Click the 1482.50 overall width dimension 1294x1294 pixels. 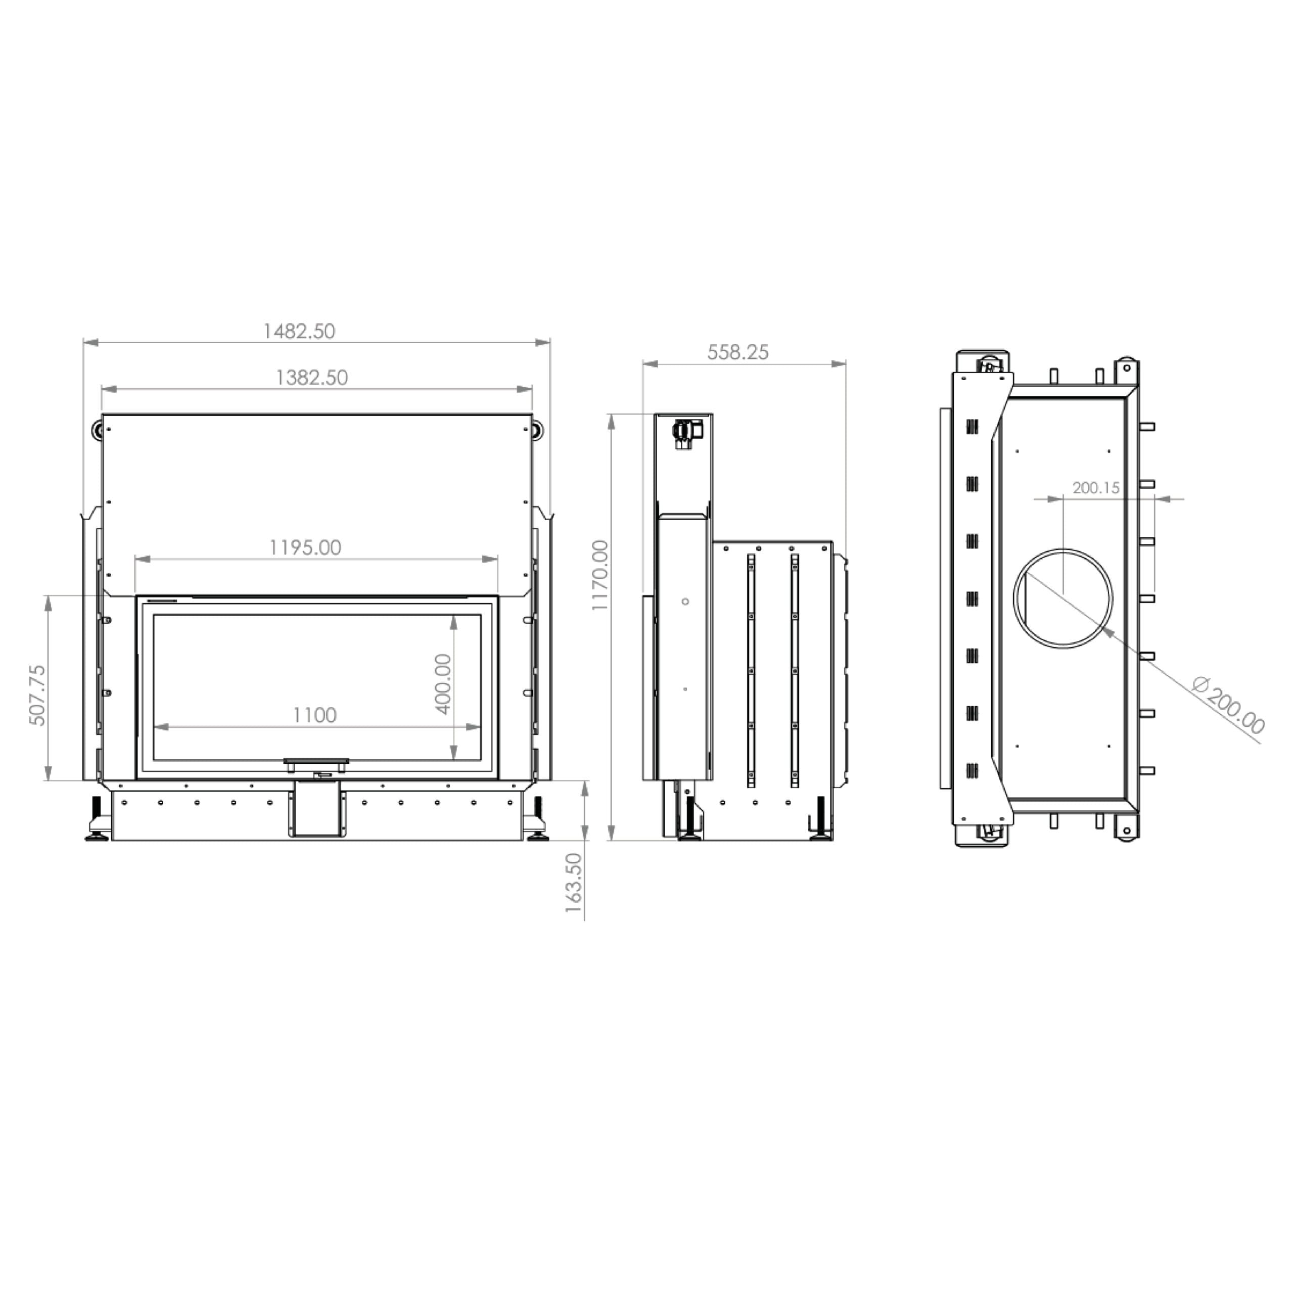click(299, 332)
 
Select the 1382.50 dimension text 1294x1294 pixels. click(312, 378)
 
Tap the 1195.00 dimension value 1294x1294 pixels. click(305, 548)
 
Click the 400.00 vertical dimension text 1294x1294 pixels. click(443, 684)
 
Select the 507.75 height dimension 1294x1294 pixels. click(37, 695)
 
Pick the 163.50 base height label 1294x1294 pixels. click(574, 883)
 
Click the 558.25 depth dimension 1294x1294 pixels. click(738, 352)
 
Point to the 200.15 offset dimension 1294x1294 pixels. click(1096, 488)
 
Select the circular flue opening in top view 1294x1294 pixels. click(1063, 598)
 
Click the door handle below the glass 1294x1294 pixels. click(316, 762)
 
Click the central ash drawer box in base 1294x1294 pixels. click(317, 809)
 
